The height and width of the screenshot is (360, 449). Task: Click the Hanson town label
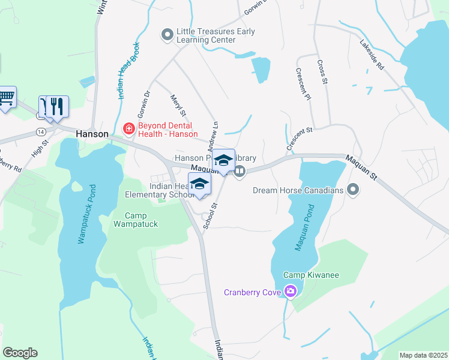(x=92, y=134)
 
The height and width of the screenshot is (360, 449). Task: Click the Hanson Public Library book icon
(x=240, y=172)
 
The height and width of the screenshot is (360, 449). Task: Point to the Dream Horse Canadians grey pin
(x=353, y=190)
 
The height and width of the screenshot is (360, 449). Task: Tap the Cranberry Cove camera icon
(x=291, y=292)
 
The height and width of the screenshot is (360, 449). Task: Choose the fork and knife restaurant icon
(x=58, y=106)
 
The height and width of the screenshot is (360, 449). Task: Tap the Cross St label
(x=322, y=71)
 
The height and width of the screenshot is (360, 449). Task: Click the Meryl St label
(x=179, y=105)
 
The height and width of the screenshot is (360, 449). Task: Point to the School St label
(x=210, y=215)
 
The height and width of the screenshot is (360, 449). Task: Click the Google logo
(x=20, y=353)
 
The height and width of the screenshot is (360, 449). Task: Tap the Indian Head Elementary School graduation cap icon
(x=200, y=183)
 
